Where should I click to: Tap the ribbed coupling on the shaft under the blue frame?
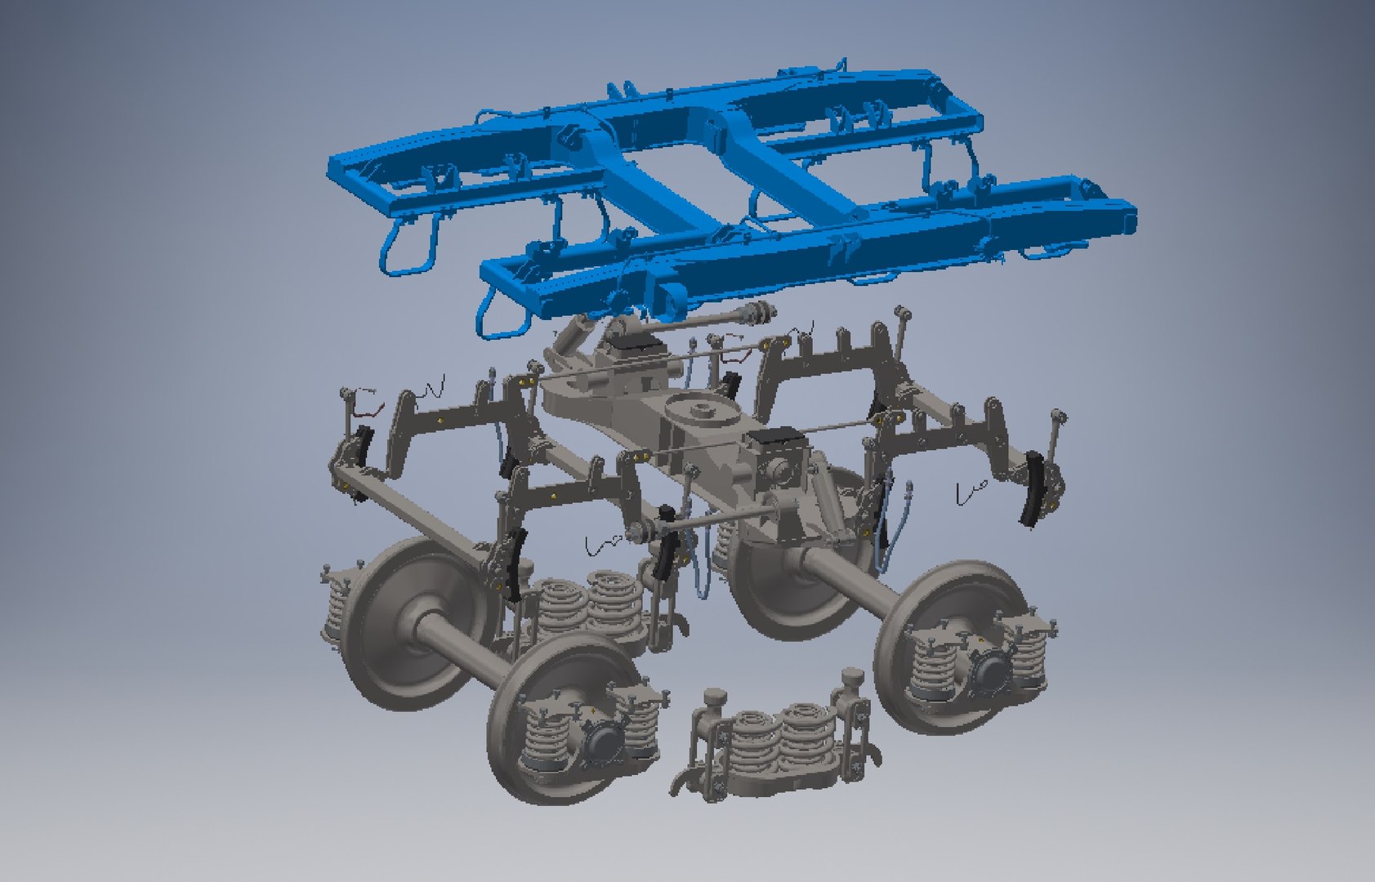pos(756,311)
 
